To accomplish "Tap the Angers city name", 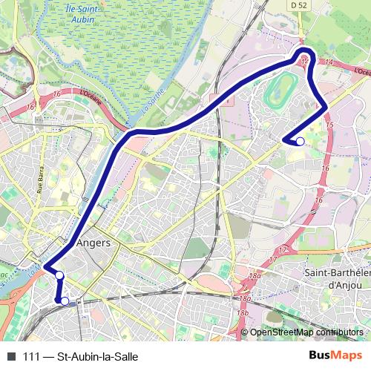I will [x=93, y=243].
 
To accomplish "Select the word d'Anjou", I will [x=344, y=283].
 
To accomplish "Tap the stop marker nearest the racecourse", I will [x=300, y=141].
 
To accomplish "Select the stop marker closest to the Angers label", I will [x=59, y=276].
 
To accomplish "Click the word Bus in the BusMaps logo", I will [x=321, y=356].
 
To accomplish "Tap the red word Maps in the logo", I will [x=348, y=356].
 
